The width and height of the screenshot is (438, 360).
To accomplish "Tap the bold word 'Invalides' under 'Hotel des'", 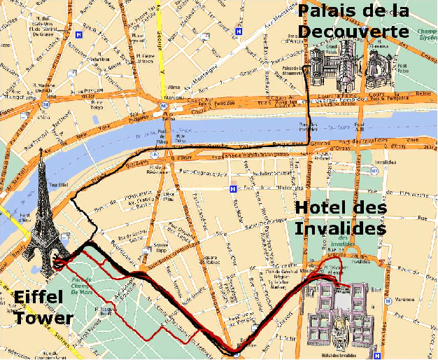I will coord(339,228).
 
